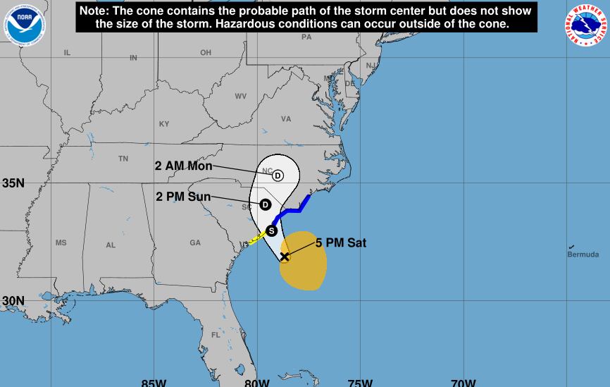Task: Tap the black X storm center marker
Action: pyautogui.click(x=285, y=256)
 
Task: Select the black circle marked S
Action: pyautogui.click(x=271, y=231)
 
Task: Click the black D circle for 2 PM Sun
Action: pyautogui.click(x=265, y=204)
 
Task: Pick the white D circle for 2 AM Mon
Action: pyautogui.click(x=278, y=176)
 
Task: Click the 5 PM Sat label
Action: pyautogui.click(x=341, y=243)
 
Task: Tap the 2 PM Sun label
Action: pyautogui.click(x=183, y=197)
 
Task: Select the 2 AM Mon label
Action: pyautogui.click(x=183, y=166)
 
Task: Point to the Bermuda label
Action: pyautogui.click(x=583, y=254)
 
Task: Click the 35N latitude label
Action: pyautogui.click(x=13, y=183)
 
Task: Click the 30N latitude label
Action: pyautogui.click(x=13, y=301)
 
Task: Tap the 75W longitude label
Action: pyautogui.click(x=360, y=383)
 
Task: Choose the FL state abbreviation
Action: pyautogui.click(x=216, y=335)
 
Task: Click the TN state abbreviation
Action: pyautogui.click(x=123, y=159)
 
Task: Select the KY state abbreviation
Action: pyautogui.click(x=164, y=124)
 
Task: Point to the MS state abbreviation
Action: pyautogui.click(x=61, y=242)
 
